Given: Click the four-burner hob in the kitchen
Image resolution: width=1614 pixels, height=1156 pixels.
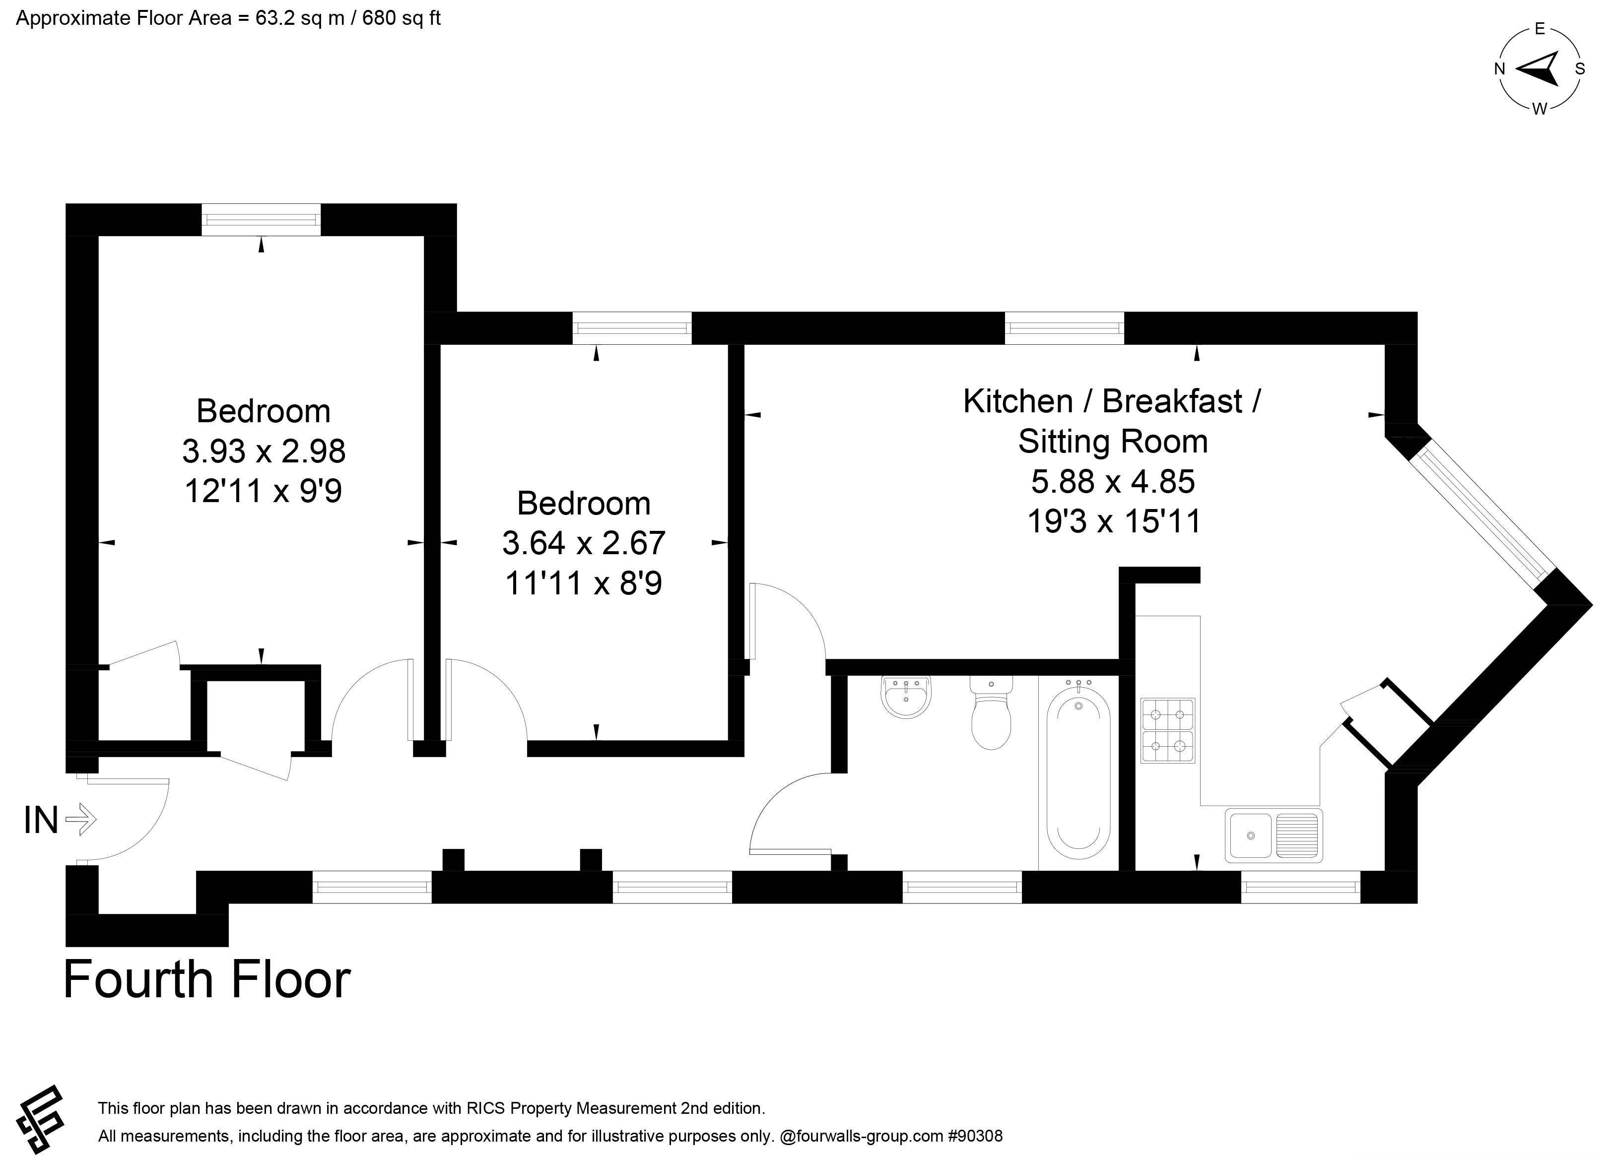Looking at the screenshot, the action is click(1168, 731).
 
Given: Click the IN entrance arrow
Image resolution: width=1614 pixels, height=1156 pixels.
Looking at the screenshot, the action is click(80, 820).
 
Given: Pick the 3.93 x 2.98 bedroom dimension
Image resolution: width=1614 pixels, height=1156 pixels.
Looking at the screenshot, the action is click(264, 450).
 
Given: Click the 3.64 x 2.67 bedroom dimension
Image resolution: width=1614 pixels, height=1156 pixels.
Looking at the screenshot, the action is click(584, 543).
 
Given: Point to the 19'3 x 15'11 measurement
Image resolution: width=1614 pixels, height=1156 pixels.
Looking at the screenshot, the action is click(1114, 521).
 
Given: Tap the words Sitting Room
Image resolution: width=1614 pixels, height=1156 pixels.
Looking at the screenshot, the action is click(1113, 441).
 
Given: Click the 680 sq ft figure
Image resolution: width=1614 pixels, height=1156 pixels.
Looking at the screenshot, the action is click(402, 18).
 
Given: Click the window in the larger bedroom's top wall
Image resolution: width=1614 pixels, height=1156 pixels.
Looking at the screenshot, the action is click(261, 220).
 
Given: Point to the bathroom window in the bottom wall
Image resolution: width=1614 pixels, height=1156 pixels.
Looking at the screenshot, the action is click(962, 887).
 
